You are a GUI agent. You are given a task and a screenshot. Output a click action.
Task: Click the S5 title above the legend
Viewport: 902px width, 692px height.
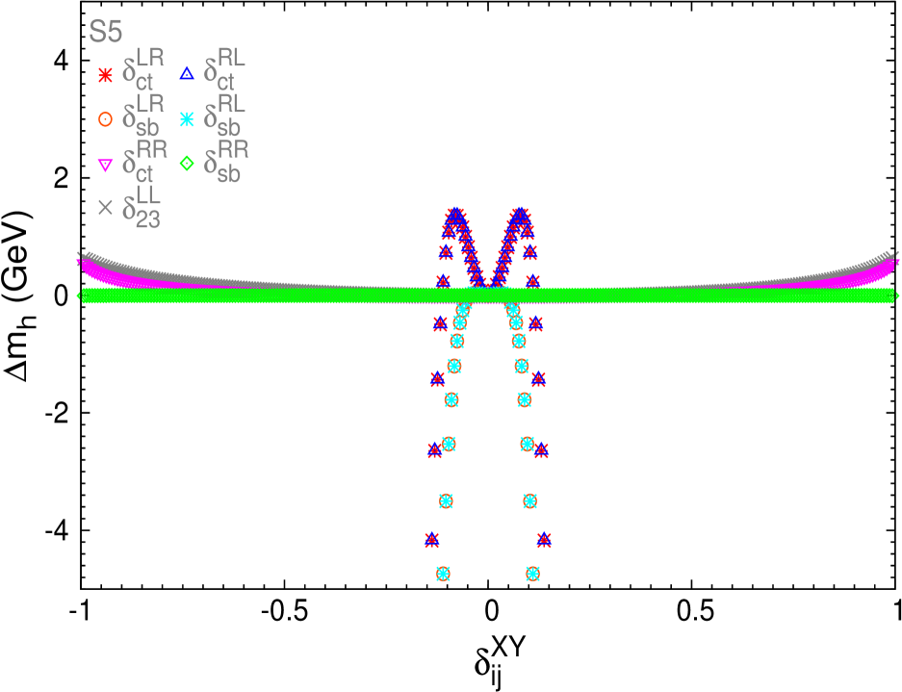[x=106, y=33]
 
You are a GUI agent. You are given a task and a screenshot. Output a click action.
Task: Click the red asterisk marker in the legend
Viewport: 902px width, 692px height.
[x=106, y=74]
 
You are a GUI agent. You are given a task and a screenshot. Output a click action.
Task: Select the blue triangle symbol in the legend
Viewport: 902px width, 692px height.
[x=187, y=72]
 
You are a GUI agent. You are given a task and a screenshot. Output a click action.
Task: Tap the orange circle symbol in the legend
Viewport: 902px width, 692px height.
[x=106, y=119]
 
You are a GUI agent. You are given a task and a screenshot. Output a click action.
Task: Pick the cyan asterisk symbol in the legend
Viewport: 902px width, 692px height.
[x=187, y=119]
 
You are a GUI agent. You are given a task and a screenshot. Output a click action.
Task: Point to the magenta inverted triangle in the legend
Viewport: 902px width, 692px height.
[x=106, y=165]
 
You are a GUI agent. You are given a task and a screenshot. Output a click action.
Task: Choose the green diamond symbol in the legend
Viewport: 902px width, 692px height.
[x=187, y=164]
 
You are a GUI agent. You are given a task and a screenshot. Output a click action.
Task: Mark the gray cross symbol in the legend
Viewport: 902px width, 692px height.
[x=106, y=207]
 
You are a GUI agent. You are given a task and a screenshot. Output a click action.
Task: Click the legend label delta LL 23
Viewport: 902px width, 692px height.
[x=142, y=207]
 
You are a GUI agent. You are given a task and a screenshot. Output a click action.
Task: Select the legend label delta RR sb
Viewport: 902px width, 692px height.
[x=225, y=162]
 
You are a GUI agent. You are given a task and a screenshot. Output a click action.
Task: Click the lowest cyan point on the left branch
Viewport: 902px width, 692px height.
[x=443, y=573]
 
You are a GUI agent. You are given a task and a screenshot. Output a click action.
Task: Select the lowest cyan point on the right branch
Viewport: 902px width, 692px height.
[x=532, y=573]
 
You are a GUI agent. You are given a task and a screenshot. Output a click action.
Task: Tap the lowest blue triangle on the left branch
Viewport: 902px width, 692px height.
[x=432, y=539]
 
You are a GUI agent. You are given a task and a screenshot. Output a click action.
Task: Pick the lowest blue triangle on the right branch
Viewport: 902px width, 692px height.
[x=544, y=539]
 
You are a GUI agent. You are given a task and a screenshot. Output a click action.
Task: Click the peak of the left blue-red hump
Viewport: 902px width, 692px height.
[x=456, y=213]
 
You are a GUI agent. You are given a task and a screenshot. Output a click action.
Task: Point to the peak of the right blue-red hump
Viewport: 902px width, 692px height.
[x=520, y=213]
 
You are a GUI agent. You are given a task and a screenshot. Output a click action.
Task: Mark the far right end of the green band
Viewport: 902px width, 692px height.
[x=894, y=295]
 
